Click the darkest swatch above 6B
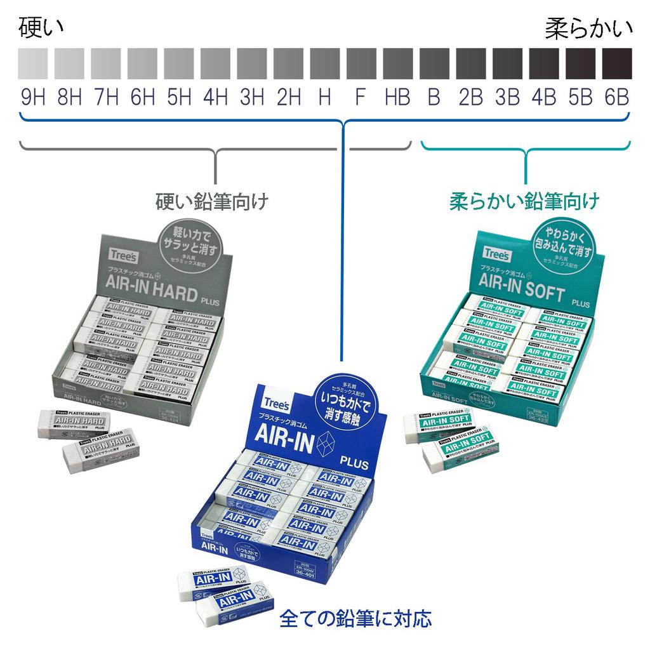[616, 62]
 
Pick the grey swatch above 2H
[289, 62]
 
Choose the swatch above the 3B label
[507, 62]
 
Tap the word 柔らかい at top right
[588, 29]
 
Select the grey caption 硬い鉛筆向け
[212, 202]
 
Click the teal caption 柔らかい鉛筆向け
[524, 202]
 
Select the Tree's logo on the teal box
[496, 253]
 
